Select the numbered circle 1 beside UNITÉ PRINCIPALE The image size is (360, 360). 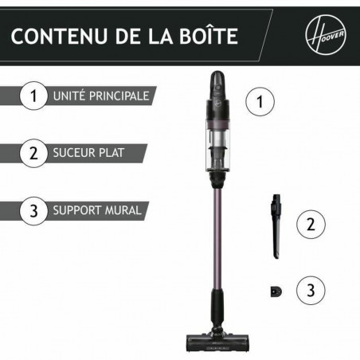pyautogui.click(x=33, y=96)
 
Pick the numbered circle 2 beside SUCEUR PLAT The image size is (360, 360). pyautogui.click(x=33, y=154)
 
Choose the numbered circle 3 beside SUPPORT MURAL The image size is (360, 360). pyautogui.click(x=33, y=211)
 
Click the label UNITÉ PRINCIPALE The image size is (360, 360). pyautogui.click(x=100, y=96)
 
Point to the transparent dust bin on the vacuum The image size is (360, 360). pyautogui.click(x=218, y=155)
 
